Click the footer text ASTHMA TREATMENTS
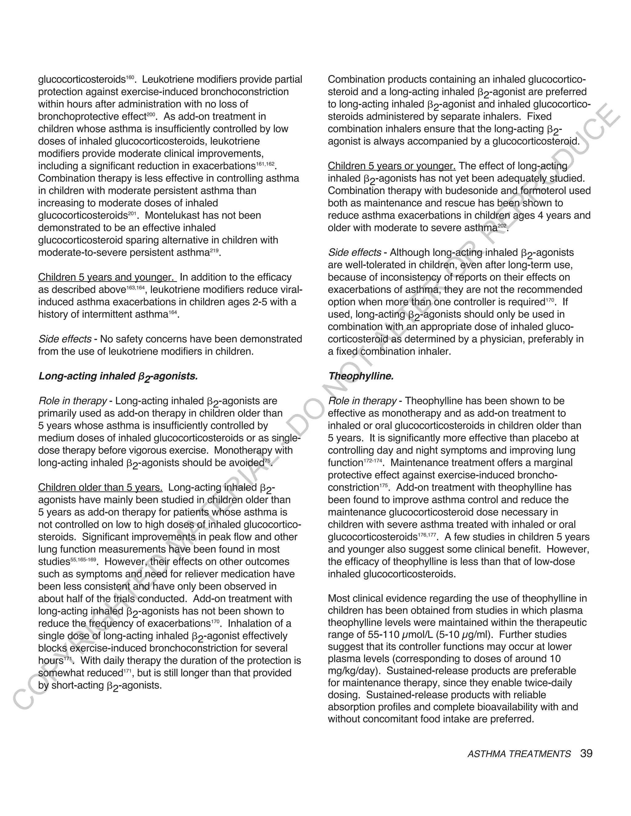click(x=519, y=754)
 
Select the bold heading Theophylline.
click(x=361, y=376)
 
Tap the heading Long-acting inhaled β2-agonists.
click(x=118, y=377)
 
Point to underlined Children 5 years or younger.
click(x=391, y=166)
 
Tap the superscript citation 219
click(x=214, y=250)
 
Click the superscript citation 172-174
click(x=373, y=461)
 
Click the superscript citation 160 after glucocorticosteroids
click(x=130, y=77)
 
